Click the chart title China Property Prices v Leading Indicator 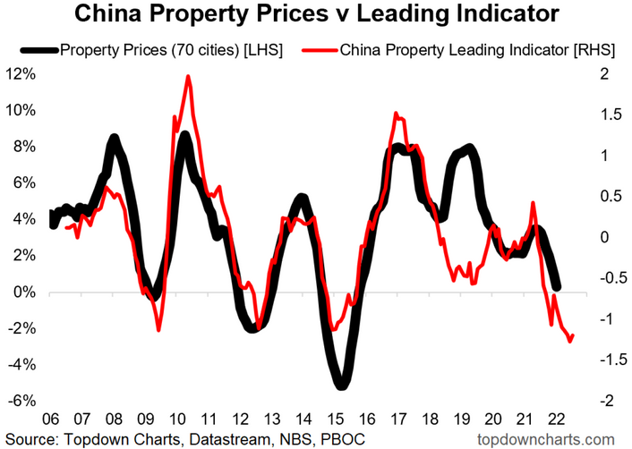(316, 14)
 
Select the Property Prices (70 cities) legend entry (171, 50)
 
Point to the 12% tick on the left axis (21, 74)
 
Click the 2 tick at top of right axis (605, 74)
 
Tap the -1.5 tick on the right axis (612, 360)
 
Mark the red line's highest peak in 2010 (188, 77)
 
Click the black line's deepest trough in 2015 (341, 385)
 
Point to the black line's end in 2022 (557, 287)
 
